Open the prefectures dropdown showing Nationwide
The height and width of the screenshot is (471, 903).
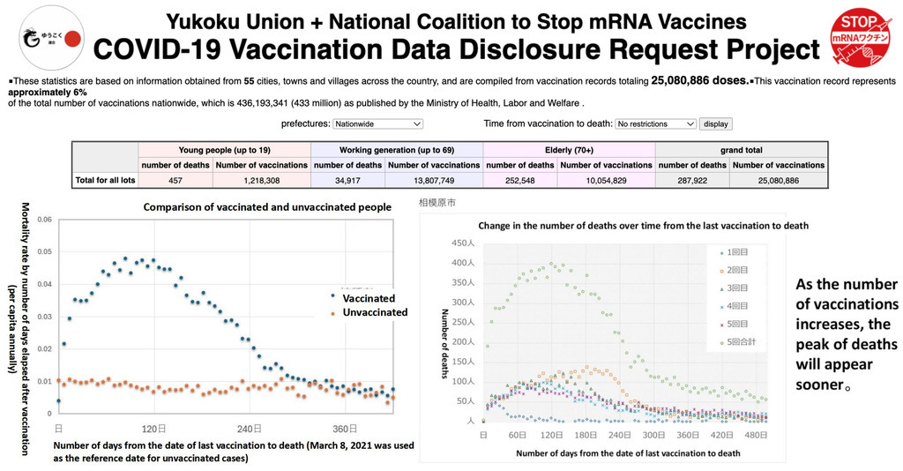tap(378, 124)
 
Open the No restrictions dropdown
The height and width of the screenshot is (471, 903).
tap(654, 124)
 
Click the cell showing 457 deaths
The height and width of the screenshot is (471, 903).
tap(175, 180)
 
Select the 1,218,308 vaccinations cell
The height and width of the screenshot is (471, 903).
tap(261, 180)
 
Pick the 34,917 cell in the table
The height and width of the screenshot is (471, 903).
tap(347, 180)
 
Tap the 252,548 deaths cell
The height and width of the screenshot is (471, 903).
tap(519, 180)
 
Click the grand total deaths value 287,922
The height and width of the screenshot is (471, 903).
tap(691, 180)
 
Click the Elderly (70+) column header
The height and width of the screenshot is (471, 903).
tap(569, 150)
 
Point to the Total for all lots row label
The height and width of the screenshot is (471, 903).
tap(107, 180)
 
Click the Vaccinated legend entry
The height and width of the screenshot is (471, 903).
tap(368, 298)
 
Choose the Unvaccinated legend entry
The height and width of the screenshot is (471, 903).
tap(374, 312)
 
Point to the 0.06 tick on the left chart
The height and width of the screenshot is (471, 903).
tap(44, 220)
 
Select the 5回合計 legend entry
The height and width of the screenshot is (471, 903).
tap(738, 341)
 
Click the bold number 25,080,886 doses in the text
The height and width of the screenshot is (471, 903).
tap(698, 79)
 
